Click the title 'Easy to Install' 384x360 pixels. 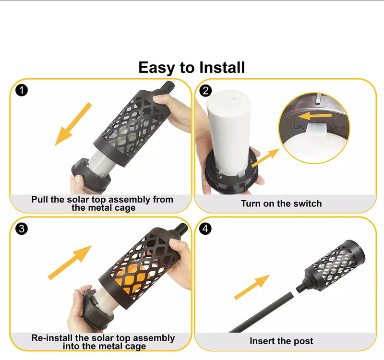pos(192,67)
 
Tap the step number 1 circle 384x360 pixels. pos(21,90)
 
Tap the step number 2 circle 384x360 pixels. pos(206,90)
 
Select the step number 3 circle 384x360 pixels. pos(21,229)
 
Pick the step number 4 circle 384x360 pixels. pos(206,229)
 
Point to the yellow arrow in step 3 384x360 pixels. pos(70,263)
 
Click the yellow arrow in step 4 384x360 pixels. pos(252,287)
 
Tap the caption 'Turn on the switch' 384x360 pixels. pos(281,204)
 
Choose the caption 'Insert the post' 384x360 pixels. pos(281,341)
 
